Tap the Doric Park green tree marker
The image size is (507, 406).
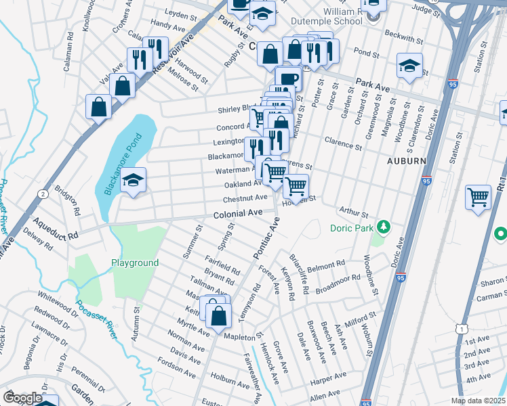pos(384,225)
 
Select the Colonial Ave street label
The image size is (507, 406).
pos(238,212)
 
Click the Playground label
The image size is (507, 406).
pos(136,263)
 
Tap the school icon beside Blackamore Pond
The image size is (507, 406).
pos(132,181)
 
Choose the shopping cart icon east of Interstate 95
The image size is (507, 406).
pos(478,197)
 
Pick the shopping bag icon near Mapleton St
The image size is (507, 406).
pos(218,316)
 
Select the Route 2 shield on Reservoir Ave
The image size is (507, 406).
pos(43,194)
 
